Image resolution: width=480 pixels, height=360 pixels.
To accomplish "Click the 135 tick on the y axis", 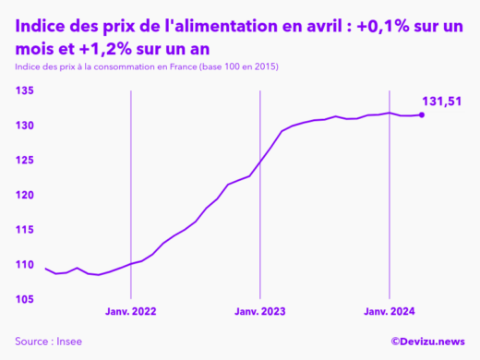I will coord(25,90).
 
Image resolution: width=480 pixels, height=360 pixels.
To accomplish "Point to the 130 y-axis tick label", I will coord(25,126).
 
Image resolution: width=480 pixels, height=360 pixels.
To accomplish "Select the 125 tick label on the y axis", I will coord(25,161).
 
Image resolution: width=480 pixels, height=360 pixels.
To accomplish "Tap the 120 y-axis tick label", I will coord(25,195).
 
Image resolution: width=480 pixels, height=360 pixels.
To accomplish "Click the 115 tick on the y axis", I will coord(25,230).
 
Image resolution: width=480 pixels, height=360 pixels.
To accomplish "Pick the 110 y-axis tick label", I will coord(25,265).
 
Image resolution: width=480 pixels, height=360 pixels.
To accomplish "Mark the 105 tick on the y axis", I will coord(25,299).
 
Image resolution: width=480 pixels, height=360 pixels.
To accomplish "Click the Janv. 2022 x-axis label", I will coord(131,312).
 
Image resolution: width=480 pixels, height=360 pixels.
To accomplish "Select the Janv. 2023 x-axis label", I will coord(260,312).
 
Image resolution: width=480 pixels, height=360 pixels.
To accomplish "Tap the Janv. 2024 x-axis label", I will coord(390,312).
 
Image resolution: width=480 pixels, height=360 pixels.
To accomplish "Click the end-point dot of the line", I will coord(422,114).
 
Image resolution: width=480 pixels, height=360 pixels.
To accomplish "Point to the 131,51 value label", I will coord(441,101).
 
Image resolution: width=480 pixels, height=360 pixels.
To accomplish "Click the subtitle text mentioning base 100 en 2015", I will coord(147,67).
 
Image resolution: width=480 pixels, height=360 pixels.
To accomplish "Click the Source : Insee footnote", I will coord(48,342).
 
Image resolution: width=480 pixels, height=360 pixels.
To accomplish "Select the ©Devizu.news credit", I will coord(427,342).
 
